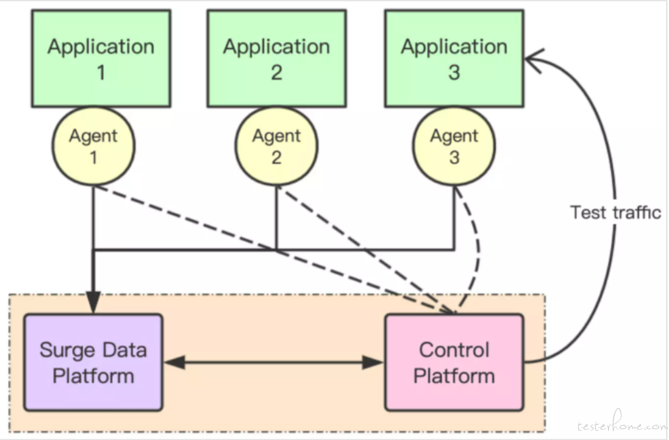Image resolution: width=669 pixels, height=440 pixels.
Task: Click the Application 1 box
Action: [x=101, y=58]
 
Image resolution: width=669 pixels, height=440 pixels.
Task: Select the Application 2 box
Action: [x=277, y=58]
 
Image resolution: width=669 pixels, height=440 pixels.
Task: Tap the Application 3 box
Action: [x=454, y=58]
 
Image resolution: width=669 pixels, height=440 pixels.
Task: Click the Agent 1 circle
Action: [x=94, y=146]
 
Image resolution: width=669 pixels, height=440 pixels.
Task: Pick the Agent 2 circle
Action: [x=277, y=146]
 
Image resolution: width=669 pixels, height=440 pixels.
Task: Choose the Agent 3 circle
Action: [x=454, y=146]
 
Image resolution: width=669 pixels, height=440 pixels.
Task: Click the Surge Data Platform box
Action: [x=94, y=362]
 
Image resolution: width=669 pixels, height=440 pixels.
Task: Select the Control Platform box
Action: [x=454, y=362]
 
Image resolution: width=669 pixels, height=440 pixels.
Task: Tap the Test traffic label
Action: [x=616, y=213]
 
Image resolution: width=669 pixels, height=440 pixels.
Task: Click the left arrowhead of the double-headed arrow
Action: [x=175, y=362]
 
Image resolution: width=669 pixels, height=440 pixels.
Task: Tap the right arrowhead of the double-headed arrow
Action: [x=373, y=362]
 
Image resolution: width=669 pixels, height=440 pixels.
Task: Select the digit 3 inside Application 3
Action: [x=454, y=72]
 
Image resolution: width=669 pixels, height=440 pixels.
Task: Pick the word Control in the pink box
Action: [x=454, y=350]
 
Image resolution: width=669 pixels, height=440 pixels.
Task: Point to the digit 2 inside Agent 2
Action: [x=277, y=157]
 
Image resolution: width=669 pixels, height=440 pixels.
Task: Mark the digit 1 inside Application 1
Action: [x=101, y=72]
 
